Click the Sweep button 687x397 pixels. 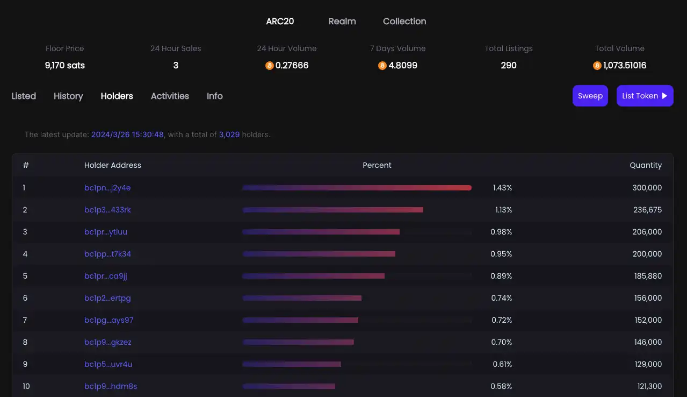590,96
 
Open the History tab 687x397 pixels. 68,96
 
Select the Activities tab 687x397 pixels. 170,96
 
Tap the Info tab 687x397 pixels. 215,96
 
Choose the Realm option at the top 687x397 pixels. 342,21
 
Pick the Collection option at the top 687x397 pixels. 404,21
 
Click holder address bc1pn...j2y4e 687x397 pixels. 107,188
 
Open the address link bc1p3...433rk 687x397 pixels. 107,210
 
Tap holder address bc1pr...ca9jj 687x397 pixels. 105,276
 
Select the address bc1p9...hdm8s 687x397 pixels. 111,386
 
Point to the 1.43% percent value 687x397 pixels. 502,188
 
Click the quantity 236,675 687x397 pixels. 647,210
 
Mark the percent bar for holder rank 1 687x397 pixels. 357,188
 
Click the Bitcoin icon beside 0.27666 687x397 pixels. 269,66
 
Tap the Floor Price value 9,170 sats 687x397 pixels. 64,66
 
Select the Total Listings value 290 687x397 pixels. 509,66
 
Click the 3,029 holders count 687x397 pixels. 229,134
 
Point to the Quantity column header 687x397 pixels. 646,165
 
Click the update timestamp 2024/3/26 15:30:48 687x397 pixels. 127,134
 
